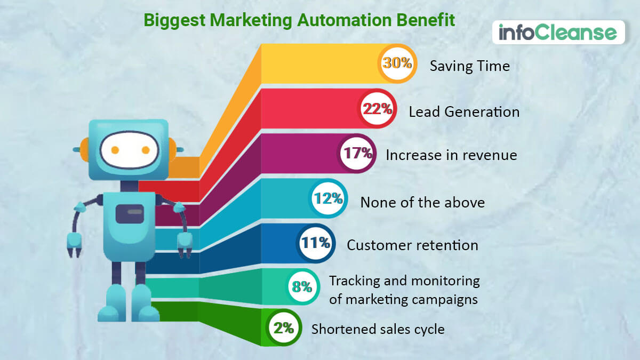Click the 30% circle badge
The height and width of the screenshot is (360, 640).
pyautogui.click(x=397, y=63)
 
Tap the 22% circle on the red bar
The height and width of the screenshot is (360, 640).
pyautogui.click(x=377, y=108)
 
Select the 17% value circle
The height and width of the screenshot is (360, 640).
pyautogui.click(x=357, y=154)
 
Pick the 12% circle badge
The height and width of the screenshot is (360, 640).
pyautogui.click(x=329, y=198)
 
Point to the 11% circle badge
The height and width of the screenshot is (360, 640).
pyautogui.click(x=316, y=243)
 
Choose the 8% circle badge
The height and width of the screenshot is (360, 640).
pyautogui.click(x=302, y=286)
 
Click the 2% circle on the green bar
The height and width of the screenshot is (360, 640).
pyautogui.click(x=284, y=327)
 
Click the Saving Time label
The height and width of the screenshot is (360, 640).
pyautogui.click(x=470, y=66)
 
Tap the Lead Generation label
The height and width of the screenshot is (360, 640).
pyautogui.click(x=464, y=111)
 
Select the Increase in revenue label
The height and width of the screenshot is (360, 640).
pyautogui.click(x=451, y=155)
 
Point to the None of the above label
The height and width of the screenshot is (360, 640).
pyautogui.click(x=422, y=202)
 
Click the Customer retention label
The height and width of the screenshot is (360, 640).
pyautogui.click(x=413, y=245)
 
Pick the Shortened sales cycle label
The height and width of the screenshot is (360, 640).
pyautogui.click(x=378, y=329)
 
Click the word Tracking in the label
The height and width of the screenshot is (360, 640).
pyautogui.click(x=355, y=281)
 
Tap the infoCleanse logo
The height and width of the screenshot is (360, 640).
pyautogui.click(x=558, y=32)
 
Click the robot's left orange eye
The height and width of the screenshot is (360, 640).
pyautogui.click(x=115, y=150)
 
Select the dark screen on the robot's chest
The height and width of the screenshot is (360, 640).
pyautogui.click(x=130, y=214)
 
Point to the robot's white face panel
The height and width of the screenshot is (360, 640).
pyautogui.click(x=130, y=150)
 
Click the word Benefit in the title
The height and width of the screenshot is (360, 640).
pyautogui.click(x=426, y=20)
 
